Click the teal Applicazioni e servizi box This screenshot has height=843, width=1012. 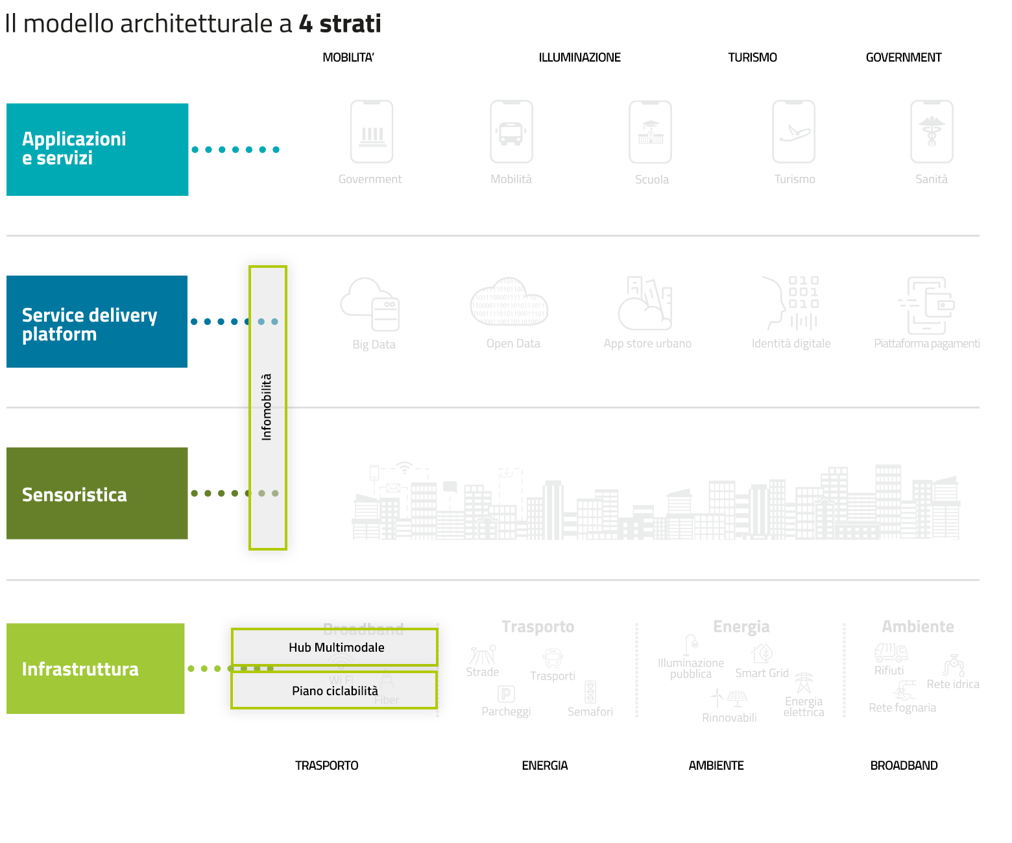tap(97, 149)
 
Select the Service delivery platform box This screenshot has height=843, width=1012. tap(97, 322)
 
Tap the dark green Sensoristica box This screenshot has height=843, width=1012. tap(97, 493)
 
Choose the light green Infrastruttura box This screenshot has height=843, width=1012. tap(95, 669)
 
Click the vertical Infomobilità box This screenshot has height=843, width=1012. tap(267, 407)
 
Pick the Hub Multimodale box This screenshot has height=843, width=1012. tap(335, 647)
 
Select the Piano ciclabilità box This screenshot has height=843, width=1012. tap(334, 691)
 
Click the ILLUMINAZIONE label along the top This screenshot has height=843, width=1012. tap(579, 58)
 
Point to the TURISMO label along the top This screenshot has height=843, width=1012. tap(753, 58)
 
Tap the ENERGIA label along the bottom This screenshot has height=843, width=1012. tap(545, 766)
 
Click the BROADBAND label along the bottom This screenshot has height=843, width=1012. tap(904, 766)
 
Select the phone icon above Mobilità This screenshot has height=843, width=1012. tap(511, 132)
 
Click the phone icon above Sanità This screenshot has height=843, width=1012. tap(932, 132)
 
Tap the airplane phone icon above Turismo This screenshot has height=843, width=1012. tap(793, 132)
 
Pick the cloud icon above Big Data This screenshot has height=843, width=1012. tap(370, 304)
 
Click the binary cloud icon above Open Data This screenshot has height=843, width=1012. tap(509, 302)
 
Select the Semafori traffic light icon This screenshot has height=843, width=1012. tap(590, 692)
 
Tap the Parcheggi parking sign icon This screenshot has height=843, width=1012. tap(506, 694)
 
